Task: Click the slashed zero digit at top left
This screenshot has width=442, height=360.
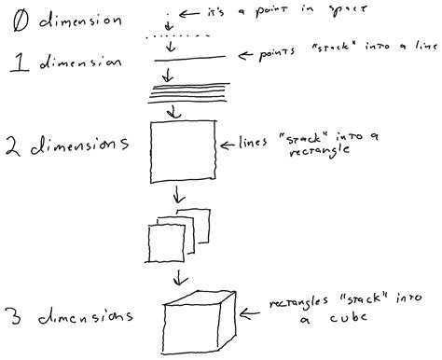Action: (18, 20)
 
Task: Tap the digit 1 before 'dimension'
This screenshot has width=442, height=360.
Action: (16, 62)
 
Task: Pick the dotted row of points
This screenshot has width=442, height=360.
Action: (186, 37)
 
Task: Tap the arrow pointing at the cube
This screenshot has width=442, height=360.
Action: (249, 312)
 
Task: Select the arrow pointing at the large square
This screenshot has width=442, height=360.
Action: (225, 146)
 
